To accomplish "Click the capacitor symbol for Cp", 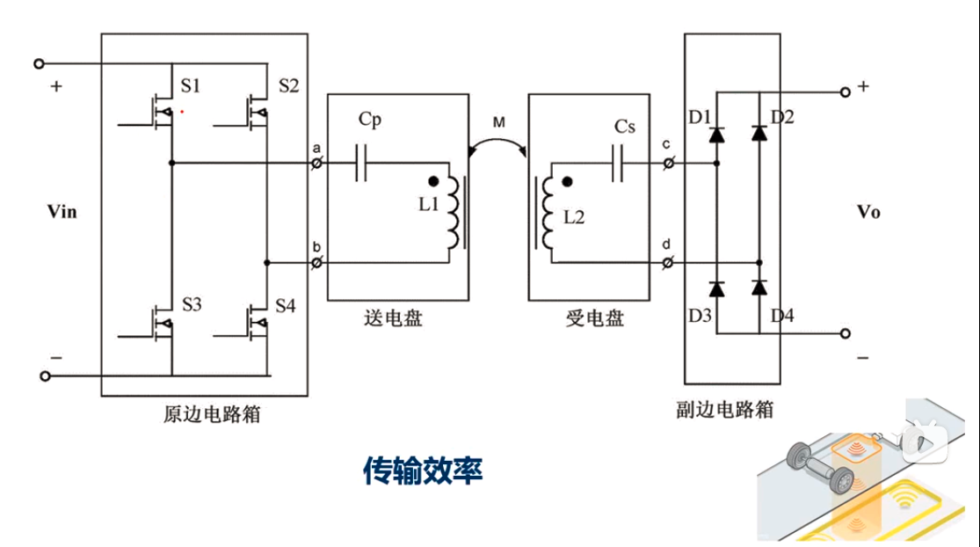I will (x=361, y=163).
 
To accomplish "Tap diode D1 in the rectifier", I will (x=717, y=134).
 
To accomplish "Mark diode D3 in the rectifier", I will (x=717, y=288).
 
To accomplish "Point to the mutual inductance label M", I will (x=498, y=123).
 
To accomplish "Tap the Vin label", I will (x=62, y=212).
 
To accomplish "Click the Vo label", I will (x=868, y=212).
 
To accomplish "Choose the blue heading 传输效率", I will (x=423, y=470).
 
